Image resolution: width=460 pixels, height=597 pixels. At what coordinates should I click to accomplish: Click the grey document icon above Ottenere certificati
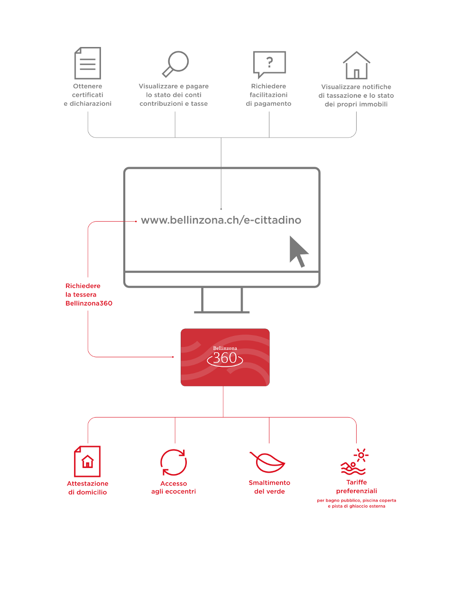click(x=88, y=63)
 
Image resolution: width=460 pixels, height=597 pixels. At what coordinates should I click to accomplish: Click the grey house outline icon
click(x=356, y=65)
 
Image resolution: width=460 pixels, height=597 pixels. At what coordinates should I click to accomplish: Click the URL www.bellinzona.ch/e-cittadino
click(x=221, y=220)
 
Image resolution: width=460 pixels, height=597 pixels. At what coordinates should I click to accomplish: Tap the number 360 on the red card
click(x=225, y=358)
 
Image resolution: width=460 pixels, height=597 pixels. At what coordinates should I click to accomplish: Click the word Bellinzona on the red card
click(x=225, y=348)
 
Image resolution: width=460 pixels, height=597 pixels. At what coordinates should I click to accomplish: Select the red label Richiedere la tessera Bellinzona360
click(x=89, y=295)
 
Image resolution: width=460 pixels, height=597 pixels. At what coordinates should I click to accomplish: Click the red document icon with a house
click(x=87, y=461)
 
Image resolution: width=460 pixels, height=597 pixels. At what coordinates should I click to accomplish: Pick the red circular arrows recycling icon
click(x=174, y=462)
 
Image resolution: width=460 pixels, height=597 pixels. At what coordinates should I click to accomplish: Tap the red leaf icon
click(x=267, y=462)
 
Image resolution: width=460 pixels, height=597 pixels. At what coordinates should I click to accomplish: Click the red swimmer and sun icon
click(x=354, y=461)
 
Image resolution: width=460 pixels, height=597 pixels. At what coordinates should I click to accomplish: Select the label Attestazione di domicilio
click(x=88, y=488)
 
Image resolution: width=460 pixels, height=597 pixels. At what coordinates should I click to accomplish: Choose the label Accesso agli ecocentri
click(x=174, y=487)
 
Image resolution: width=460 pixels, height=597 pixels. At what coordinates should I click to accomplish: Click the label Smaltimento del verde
click(x=269, y=487)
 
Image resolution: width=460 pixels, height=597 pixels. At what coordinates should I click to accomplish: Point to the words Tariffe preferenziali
click(x=357, y=486)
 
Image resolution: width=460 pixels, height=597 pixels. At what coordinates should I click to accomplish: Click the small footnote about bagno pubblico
click(x=357, y=504)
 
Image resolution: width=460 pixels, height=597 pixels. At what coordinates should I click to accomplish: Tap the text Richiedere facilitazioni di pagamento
click(x=268, y=95)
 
